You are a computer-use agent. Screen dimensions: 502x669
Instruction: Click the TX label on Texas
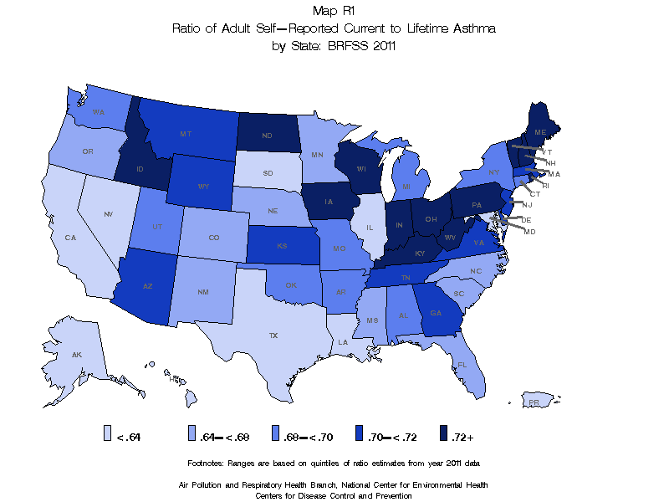coord(273,336)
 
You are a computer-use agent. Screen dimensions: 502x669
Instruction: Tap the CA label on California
coord(71,238)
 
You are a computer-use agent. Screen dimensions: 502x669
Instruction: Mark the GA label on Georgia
coord(436,314)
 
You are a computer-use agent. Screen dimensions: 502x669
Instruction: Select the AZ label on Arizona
coord(147,286)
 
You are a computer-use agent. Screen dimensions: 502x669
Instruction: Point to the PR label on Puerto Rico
coord(533,402)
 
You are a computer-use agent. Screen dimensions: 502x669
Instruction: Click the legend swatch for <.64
coord(107,433)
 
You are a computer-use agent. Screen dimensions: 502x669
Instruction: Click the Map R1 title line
coord(334,11)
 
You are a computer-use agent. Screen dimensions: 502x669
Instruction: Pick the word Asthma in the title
coord(475,28)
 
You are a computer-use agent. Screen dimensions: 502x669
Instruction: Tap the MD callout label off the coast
coord(529,232)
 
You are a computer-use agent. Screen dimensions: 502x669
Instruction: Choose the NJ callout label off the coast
coord(527,204)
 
